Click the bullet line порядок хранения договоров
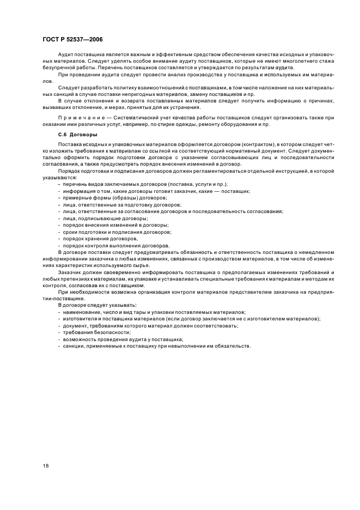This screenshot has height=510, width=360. (103, 238)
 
